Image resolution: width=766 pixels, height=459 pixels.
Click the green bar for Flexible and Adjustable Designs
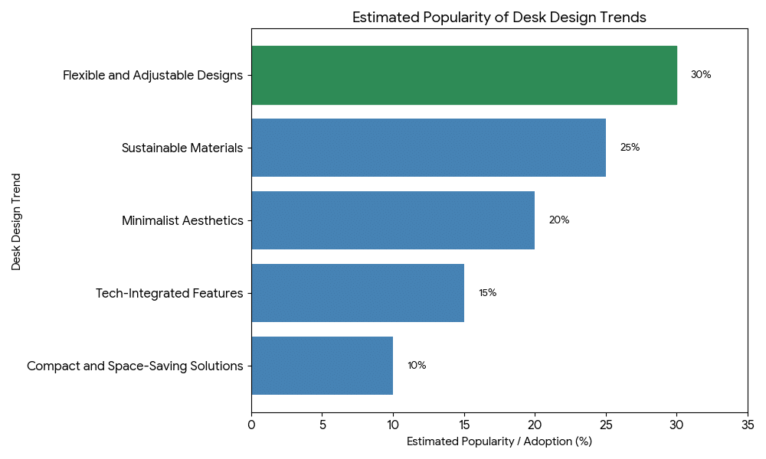pyautogui.click(x=463, y=75)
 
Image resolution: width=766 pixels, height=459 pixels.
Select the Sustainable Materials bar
pyautogui.click(x=428, y=148)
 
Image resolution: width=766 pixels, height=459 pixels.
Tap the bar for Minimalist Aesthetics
pyautogui.click(x=393, y=220)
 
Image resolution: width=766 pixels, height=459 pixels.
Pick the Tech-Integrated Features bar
pyautogui.click(x=358, y=293)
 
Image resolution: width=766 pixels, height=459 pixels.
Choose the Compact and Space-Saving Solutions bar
pyautogui.click(x=322, y=366)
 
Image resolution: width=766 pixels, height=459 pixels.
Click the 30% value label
pyautogui.click(x=701, y=75)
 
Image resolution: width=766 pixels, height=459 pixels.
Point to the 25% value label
pyautogui.click(x=630, y=148)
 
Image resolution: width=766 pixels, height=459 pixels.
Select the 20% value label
pyautogui.click(x=559, y=220)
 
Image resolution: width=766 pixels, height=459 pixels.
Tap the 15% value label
pyautogui.click(x=488, y=293)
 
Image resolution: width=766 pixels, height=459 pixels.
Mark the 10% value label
pyautogui.click(x=417, y=366)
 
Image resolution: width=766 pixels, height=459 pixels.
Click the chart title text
pyautogui.click(x=499, y=18)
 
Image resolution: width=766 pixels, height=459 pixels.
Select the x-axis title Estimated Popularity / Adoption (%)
pyautogui.click(x=499, y=441)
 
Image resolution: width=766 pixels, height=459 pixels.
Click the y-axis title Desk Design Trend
pyautogui.click(x=16, y=221)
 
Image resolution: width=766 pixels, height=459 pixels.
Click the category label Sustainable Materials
pyautogui.click(x=182, y=148)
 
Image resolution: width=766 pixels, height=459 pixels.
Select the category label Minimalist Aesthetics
pyautogui.click(x=182, y=221)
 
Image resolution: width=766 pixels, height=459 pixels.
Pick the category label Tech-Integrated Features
pyautogui.click(x=169, y=293)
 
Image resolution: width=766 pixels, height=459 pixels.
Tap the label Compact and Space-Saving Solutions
pyautogui.click(x=135, y=366)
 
